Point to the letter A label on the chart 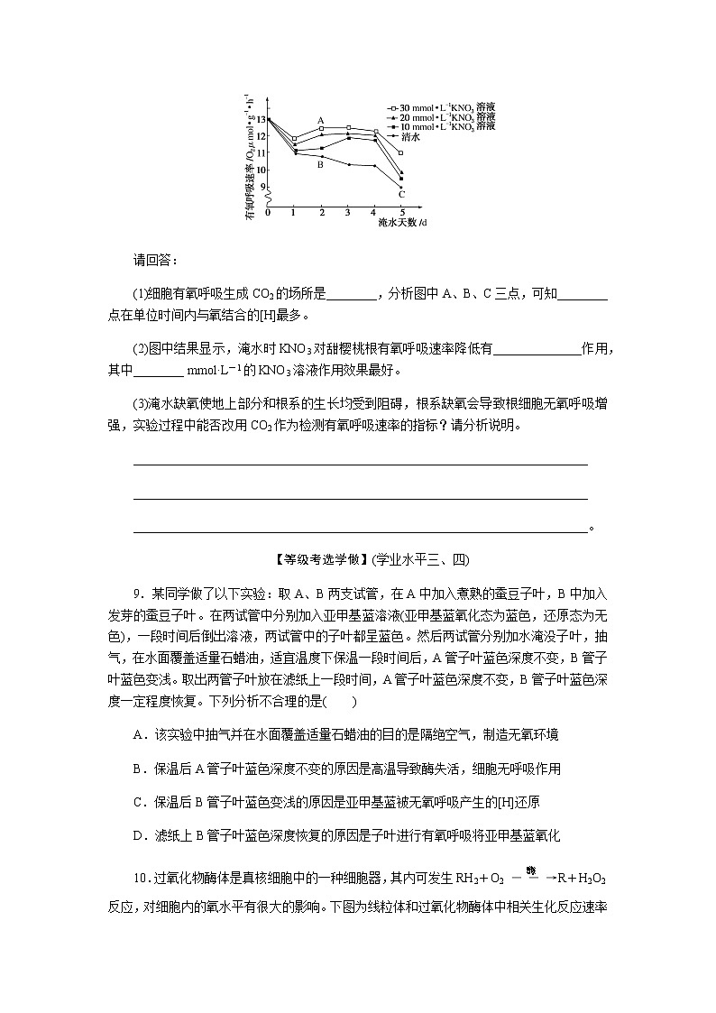click(x=320, y=119)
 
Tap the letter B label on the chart click(x=320, y=165)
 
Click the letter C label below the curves click(x=401, y=194)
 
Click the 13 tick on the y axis click(x=261, y=119)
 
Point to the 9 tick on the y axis click(x=262, y=187)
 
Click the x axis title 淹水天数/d click(x=402, y=221)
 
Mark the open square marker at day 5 click(x=400, y=152)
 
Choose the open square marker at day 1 click(x=295, y=139)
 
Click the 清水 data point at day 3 click(x=348, y=164)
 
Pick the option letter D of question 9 click(x=138, y=836)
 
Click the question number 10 click(x=141, y=878)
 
